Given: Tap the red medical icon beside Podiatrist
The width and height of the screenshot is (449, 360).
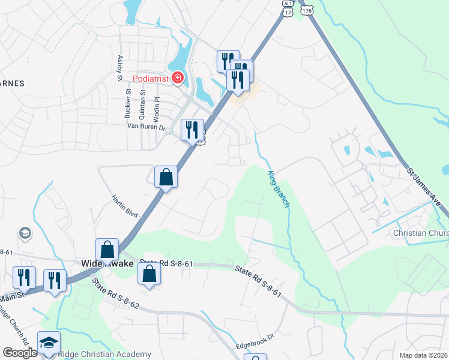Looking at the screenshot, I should [x=177, y=77].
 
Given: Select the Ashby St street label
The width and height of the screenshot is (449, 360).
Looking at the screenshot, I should [x=120, y=68].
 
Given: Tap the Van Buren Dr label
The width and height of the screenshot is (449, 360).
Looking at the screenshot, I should [x=149, y=126].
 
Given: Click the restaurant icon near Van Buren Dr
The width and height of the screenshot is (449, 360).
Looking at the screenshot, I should [x=192, y=129].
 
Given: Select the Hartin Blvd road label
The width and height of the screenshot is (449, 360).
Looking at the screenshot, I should [x=125, y=206].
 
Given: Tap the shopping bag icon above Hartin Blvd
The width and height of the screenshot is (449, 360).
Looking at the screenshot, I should [x=166, y=177].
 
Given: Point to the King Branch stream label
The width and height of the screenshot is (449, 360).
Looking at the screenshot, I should [x=278, y=188].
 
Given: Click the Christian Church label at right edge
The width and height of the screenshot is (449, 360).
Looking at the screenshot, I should [x=421, y=233].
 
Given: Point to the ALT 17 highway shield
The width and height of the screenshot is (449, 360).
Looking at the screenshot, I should [x=288, y=8].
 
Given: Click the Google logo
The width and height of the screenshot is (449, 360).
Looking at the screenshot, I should [x=20, y=352].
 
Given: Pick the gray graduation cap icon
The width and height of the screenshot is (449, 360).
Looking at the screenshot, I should [x=25, y=232].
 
